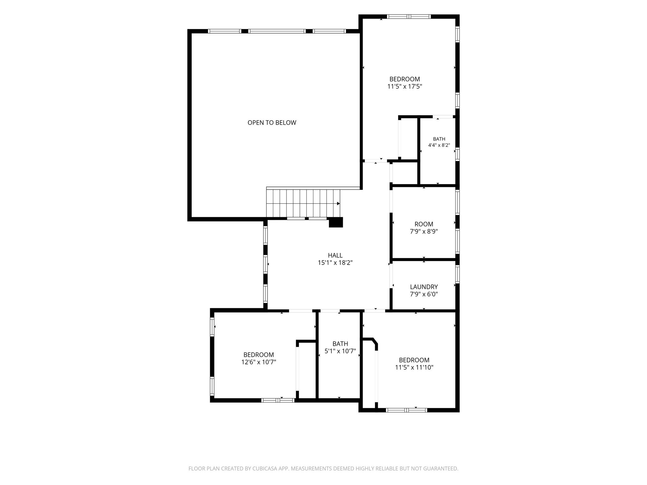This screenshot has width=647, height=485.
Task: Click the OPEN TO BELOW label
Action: click(272, 123)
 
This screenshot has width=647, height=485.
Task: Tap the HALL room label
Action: click(335, 255)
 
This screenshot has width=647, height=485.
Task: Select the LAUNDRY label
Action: click(424, 287)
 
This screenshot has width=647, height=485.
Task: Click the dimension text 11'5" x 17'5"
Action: click(405, 86)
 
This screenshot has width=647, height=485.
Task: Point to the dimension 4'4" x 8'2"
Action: click(439, 145)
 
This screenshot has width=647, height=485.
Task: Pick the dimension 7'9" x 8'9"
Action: click(424, 231)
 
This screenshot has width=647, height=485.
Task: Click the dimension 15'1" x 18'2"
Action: click(335, 262)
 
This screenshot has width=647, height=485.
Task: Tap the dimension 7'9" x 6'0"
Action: click(424, 294)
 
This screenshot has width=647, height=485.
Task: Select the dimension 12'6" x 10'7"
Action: click(259, 362)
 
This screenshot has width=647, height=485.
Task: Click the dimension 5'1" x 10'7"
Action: click(340, 351)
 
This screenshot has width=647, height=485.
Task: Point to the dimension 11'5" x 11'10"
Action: click(414, 367)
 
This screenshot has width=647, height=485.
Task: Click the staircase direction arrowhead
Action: click(338, 204)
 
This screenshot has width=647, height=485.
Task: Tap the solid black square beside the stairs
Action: click(336, 222)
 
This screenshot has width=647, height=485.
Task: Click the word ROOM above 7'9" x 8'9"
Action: click(424, 224)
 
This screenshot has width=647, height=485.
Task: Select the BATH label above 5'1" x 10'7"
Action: click(340, 344)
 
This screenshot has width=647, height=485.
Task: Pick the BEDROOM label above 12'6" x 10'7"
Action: click(259, 355)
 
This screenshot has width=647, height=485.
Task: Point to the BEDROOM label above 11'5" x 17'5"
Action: click(405, 79)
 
